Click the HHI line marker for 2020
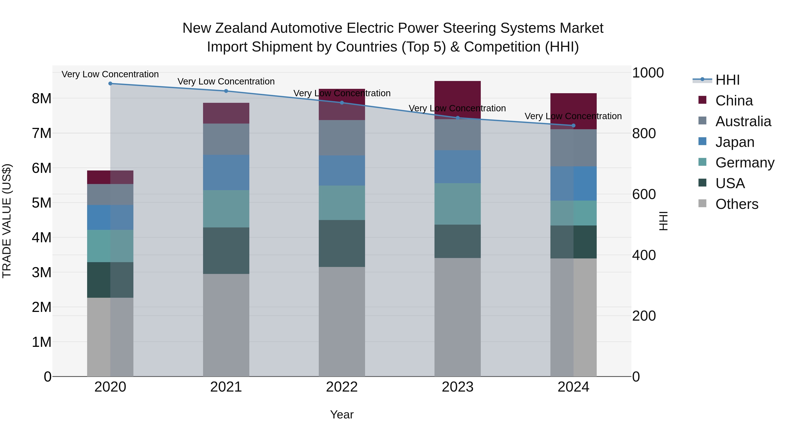(x=110, y=84)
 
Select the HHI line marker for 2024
(x=573, y=126)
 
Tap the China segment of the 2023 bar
(x=457, y=100)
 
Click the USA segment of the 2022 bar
(x=342, y=243)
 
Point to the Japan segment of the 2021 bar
(x=226, y=172)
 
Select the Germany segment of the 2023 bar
(x=457, y=204)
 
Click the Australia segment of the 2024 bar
(x=573, y=148)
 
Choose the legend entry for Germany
(x=745, y=163)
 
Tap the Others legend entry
(x=737, y=204)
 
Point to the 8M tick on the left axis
(x=41, y=98)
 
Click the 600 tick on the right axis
(x=644, y=194)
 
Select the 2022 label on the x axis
(x=342, y=387)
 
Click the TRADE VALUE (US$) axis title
(x=7, y=221)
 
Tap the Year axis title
(x=342, y=414)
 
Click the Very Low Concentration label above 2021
(x=226, y=81)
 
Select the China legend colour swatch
(x=702, y=100)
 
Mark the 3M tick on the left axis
(x=41, y=272)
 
